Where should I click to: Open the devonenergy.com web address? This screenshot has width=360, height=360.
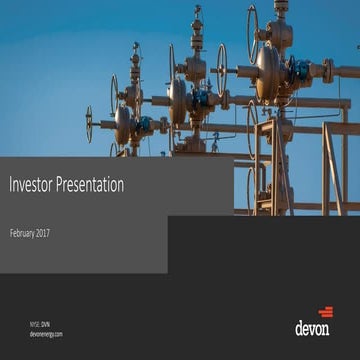(x=46, y=334)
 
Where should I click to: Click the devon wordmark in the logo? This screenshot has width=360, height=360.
(x=312, y=327)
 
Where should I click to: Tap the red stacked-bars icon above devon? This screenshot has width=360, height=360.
(x=325, y=312)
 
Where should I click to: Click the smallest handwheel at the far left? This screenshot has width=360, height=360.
(x=89, y=124)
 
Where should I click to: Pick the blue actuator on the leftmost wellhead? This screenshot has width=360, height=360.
(x=146, y=125)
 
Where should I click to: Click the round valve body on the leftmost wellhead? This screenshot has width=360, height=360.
(x=124, y=125)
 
